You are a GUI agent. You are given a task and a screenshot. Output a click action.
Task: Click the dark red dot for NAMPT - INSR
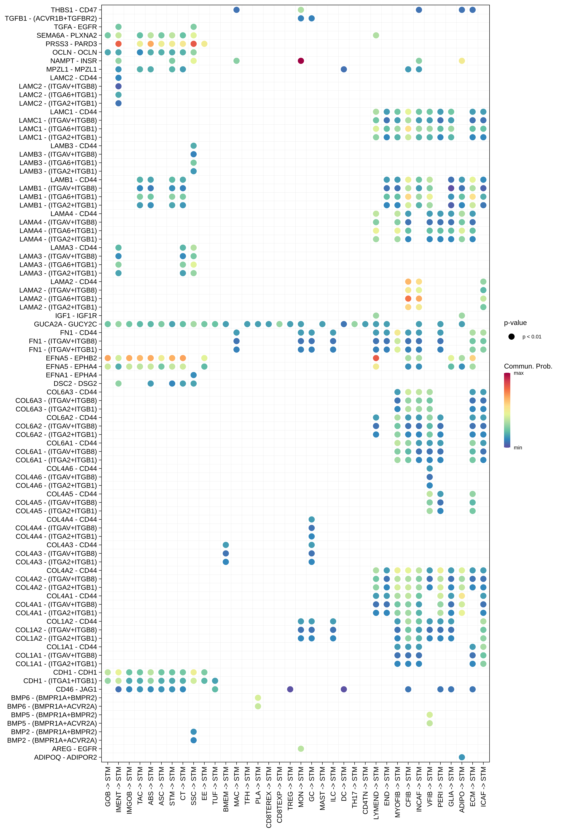click(301, 61)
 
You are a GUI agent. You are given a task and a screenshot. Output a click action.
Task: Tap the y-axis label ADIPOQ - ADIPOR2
click(65, 757)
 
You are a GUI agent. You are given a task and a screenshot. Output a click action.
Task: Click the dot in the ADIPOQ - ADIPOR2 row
click(462, 757)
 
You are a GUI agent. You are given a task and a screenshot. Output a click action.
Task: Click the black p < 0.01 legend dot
click(511, 337)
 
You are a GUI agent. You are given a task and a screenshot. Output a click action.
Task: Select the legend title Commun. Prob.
click(528, 366)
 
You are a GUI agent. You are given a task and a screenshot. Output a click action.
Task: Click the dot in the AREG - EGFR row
click(301, 749)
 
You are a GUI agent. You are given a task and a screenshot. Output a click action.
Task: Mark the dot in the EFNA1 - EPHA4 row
click(194, 375)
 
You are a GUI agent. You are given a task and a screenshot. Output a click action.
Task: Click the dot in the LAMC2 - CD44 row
click(118, 78)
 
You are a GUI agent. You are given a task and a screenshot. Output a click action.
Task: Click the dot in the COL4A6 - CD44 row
click(429, 468)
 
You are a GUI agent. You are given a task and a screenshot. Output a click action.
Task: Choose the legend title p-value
click(515, 323)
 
